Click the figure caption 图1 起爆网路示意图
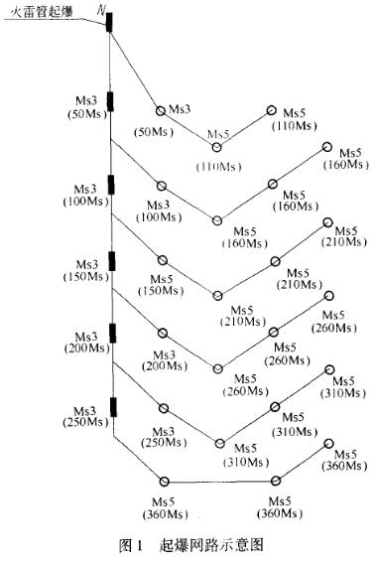187,544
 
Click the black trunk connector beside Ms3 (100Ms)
111,185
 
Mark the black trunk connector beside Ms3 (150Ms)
111,261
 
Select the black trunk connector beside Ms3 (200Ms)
111,333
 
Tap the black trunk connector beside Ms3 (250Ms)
111,406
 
